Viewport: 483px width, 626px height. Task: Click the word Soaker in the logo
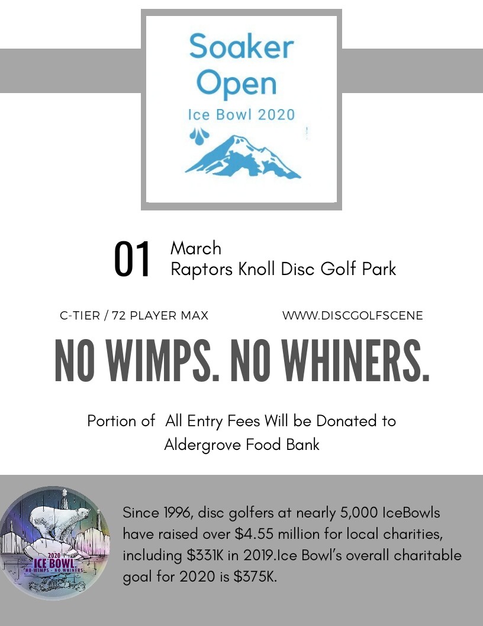[x=241, y=47]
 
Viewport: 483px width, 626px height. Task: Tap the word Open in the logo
[x=236, y=84]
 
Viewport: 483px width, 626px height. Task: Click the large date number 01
[x=133, y=260]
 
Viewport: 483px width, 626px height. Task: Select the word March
[x=195, y=248]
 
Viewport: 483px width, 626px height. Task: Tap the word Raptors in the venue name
[x=202, y=269]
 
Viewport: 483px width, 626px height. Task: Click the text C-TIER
[x=80, y=316]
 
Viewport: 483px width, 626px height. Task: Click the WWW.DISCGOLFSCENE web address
[x=353, y=316]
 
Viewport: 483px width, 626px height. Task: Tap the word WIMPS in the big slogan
[x=156, y=361]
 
